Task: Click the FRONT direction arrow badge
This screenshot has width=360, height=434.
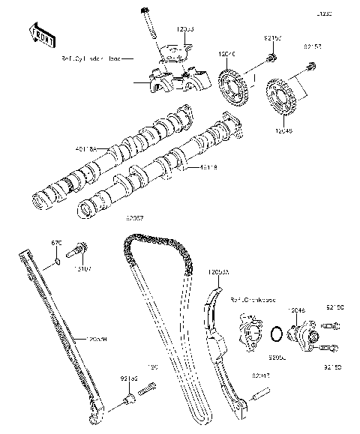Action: pos(42,33)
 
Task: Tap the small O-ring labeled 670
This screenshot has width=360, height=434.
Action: pos(55,264)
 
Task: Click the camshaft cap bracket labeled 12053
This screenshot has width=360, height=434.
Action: pos(174,54)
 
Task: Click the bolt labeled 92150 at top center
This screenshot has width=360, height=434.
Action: pos(274,53)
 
